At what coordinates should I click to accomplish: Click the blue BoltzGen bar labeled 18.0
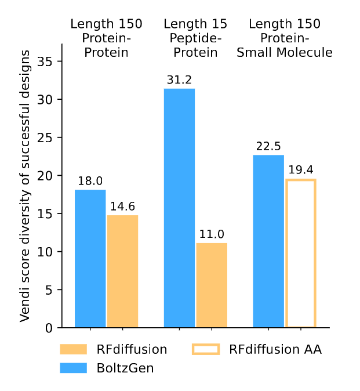pyautogui.click(x=90, y=259)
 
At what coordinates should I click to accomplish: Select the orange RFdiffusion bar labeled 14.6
pyautogui.click(x=122, y=271)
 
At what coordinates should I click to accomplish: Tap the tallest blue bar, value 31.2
pyautogui.click(x=179, y=208)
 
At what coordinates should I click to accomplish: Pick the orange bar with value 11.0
pyautogui.click(x=212, y=285)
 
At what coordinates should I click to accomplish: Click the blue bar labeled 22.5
pyautogui.click(x=268, y=241)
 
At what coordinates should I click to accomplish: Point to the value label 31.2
pyautogui.click(x=179, y=80)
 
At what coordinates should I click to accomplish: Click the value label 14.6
pyautogui.click(x=122, y=207)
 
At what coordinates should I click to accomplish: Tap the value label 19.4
pyautogui.click(x=301, y=170)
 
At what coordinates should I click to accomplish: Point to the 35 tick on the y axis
pyautogui.click(x=45, y=61)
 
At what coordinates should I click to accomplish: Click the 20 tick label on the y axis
pyautogui.click(x=45, y=176)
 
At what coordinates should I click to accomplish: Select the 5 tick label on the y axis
pyautogui.click(x=49, y=289)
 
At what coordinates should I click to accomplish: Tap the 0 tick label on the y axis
pyautogui.click(x=49, y=328)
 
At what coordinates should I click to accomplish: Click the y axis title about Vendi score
pyautogui.click(x=25, y=186)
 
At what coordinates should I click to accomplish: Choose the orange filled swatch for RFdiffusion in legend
pyautogui.click(x=74, y=349)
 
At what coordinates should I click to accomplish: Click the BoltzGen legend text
pyautogui.click(x=125, y=368)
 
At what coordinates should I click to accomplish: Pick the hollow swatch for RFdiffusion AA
pyautogui.click(x=206, y=349)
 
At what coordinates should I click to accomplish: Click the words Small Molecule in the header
pyautogui.click(x=285, y=53)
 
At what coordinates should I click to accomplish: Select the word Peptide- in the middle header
pyautogui.click(x=195, y=38)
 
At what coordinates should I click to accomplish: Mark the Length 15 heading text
pyautogui.click(x=195, y=24)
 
